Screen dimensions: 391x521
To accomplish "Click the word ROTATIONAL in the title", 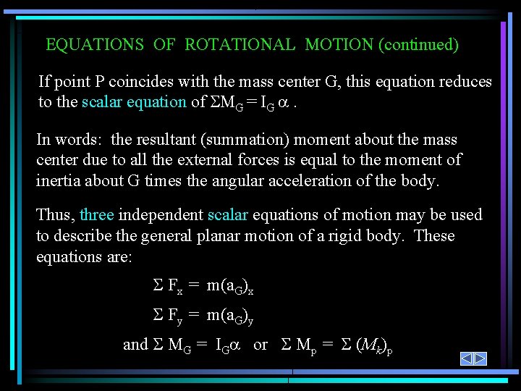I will [x=240, y=45].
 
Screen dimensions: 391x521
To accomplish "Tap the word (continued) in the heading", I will [x=418, y=45].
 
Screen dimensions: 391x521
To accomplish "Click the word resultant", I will [x=165, y=140].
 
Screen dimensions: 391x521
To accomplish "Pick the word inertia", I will [x=59, y=180].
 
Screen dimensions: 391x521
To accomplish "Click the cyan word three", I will [x=97, y=215].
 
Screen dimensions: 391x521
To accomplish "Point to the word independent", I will [x=160, y=215].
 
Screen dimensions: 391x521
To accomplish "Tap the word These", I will [x=434, y=236].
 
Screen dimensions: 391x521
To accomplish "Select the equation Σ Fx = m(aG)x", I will [x=203, y=287].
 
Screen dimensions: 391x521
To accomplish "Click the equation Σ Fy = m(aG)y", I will [x=203, y=316].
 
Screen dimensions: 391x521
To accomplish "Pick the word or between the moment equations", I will [x=260, y=345].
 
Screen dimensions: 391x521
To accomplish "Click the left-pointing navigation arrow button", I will [x=467, y=358].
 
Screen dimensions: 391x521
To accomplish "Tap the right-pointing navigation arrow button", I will [x=480, y=358].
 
